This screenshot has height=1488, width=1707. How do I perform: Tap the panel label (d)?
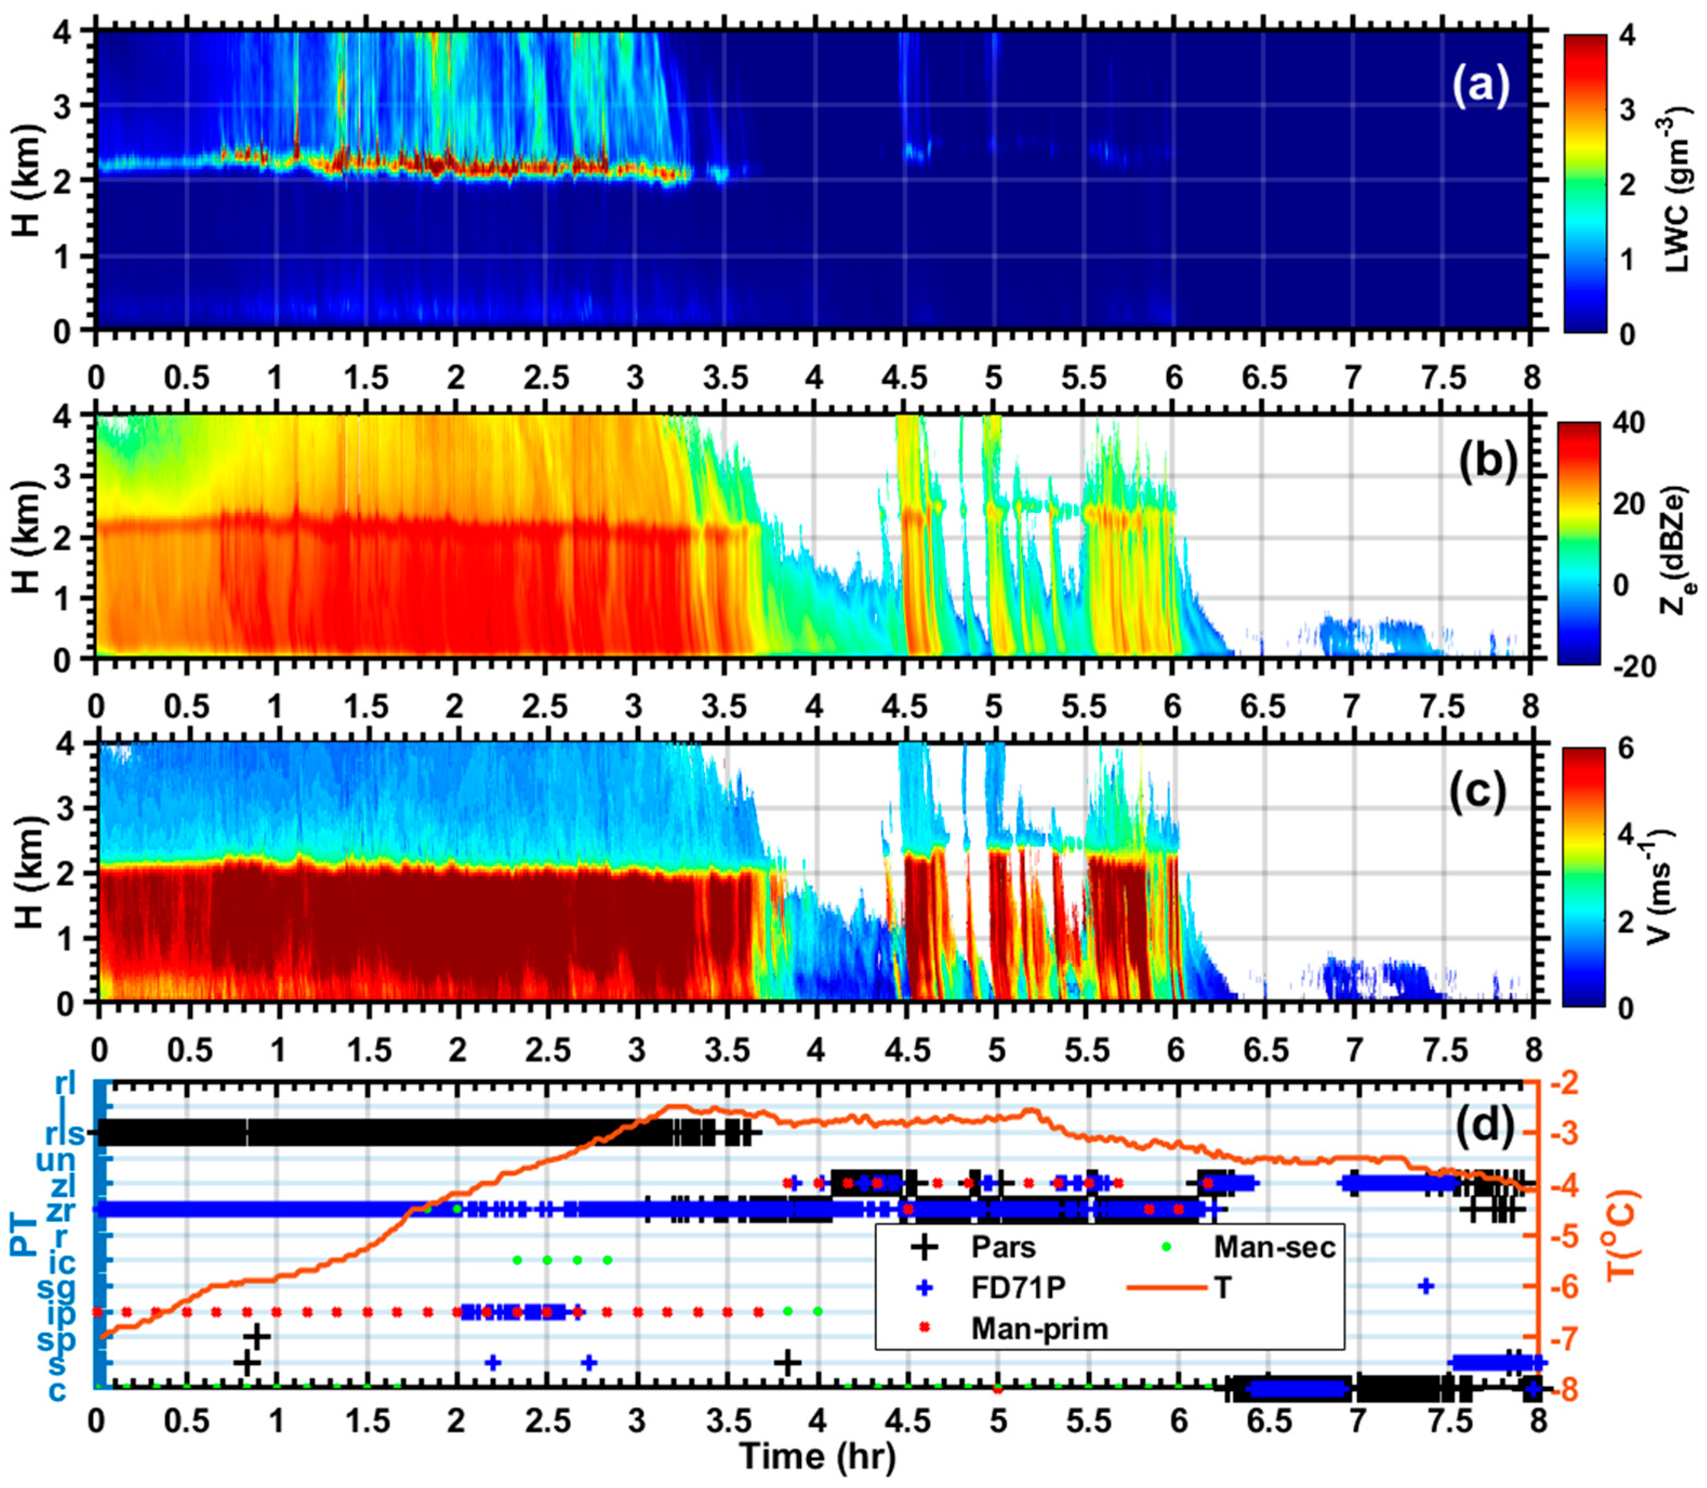click(1485, 1127)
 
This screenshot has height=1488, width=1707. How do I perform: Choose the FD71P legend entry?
click(1018, 1287)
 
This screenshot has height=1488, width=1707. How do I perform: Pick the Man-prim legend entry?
click(1039, 1328)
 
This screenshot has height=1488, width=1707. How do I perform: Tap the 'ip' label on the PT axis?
click(62, 1314)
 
